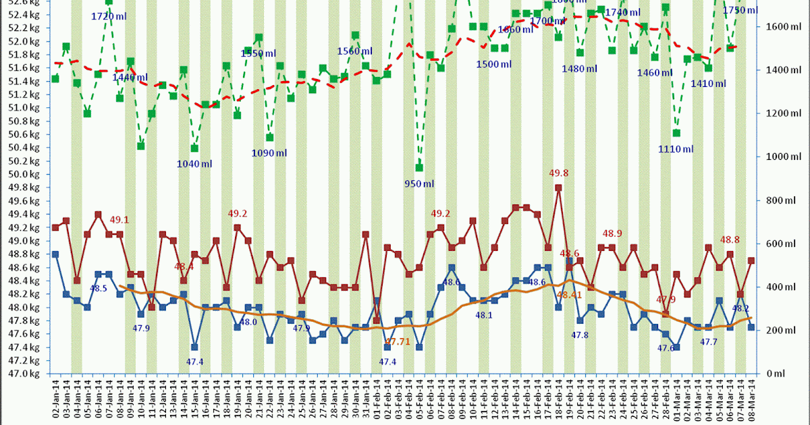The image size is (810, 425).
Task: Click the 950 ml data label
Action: coord(418,183)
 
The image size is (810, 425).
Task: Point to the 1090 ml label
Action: coord(269,153)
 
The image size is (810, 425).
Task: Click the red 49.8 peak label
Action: coord(558,173)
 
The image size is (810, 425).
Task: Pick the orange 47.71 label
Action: coord(398,343)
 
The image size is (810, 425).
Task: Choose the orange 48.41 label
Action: coord(569,295)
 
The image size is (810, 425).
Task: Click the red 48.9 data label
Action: coord(612,233)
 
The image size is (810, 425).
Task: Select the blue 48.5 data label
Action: coord(99,288)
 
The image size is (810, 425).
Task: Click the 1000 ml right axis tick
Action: coord(780,157)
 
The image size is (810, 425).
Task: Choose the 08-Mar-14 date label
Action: coord(751,399)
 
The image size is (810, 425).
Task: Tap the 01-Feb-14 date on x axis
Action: coord(377,399)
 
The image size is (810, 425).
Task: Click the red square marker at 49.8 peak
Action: coord(558,188)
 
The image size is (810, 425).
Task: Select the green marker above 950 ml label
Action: coord(419,167)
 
